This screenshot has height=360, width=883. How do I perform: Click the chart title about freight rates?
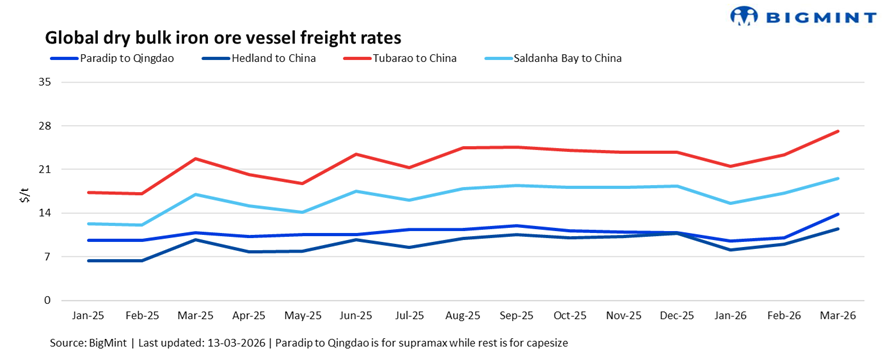(223, 38)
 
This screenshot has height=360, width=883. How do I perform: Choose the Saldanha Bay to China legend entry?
(566, 58)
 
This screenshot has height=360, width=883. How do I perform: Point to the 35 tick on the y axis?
(44, 82)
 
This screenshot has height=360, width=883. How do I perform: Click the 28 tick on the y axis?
(44, 126)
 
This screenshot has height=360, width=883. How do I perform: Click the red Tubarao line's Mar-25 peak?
(197, 159)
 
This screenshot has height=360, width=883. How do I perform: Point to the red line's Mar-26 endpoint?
(838, 131)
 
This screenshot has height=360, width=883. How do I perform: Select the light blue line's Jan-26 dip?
(731, 203)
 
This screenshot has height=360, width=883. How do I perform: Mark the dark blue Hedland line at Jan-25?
(90, 261)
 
